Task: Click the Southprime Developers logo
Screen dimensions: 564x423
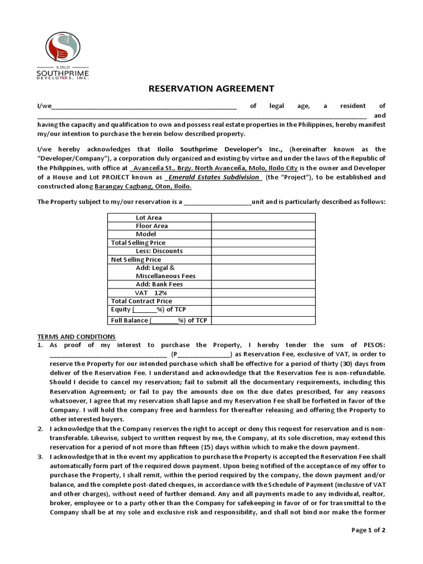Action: tap(62, 56)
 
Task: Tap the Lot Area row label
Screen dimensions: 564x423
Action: tap(149, 218)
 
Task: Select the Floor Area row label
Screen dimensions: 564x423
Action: tap(152, 226)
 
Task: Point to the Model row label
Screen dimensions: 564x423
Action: tap(146, 234)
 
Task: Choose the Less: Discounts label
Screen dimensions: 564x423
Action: tap(159, 251)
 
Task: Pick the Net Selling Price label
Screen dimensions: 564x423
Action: tap(136, 259)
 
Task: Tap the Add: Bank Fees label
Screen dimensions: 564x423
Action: tap(159, 284)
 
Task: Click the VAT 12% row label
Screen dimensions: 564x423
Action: tap(151, 292)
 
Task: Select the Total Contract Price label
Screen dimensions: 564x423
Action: tap(142, 301)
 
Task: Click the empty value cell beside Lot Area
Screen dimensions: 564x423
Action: tap(263, 218)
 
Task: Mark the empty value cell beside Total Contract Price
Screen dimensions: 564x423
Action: tap(263, 301)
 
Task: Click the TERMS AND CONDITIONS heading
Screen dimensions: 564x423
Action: tap(76, 336)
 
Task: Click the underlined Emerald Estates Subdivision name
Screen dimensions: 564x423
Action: tap(214, 177)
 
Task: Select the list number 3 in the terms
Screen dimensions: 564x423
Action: tap(40, 457)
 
